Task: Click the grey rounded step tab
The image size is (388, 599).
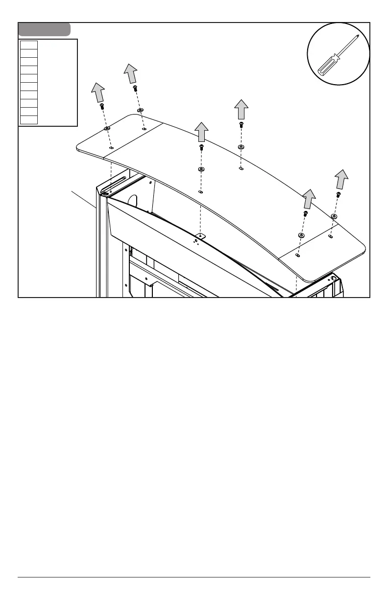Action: (44, 29)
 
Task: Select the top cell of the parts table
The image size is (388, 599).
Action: (29, 45)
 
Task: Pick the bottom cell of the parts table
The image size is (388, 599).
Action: (29, 120)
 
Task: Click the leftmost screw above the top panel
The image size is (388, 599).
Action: (102, 106)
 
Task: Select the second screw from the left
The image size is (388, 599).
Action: (135, 89)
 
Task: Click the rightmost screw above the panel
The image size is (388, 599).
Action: (339, 195)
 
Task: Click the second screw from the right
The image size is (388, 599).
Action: (305, 213)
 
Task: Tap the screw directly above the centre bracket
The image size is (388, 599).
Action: (201, 147)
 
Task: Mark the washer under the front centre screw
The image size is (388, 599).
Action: (201, 169)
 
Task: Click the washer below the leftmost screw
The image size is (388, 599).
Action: (107, 128)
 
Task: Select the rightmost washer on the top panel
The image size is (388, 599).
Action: (334, 216)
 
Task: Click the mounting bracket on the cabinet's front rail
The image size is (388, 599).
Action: (198, 237)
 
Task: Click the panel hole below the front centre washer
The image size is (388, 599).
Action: (200, 192)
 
